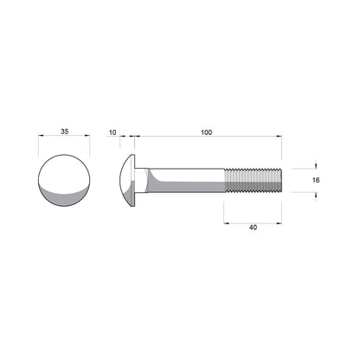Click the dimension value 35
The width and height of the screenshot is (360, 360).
coord(65,132)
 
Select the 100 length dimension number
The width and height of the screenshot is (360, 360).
coord(205,132)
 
